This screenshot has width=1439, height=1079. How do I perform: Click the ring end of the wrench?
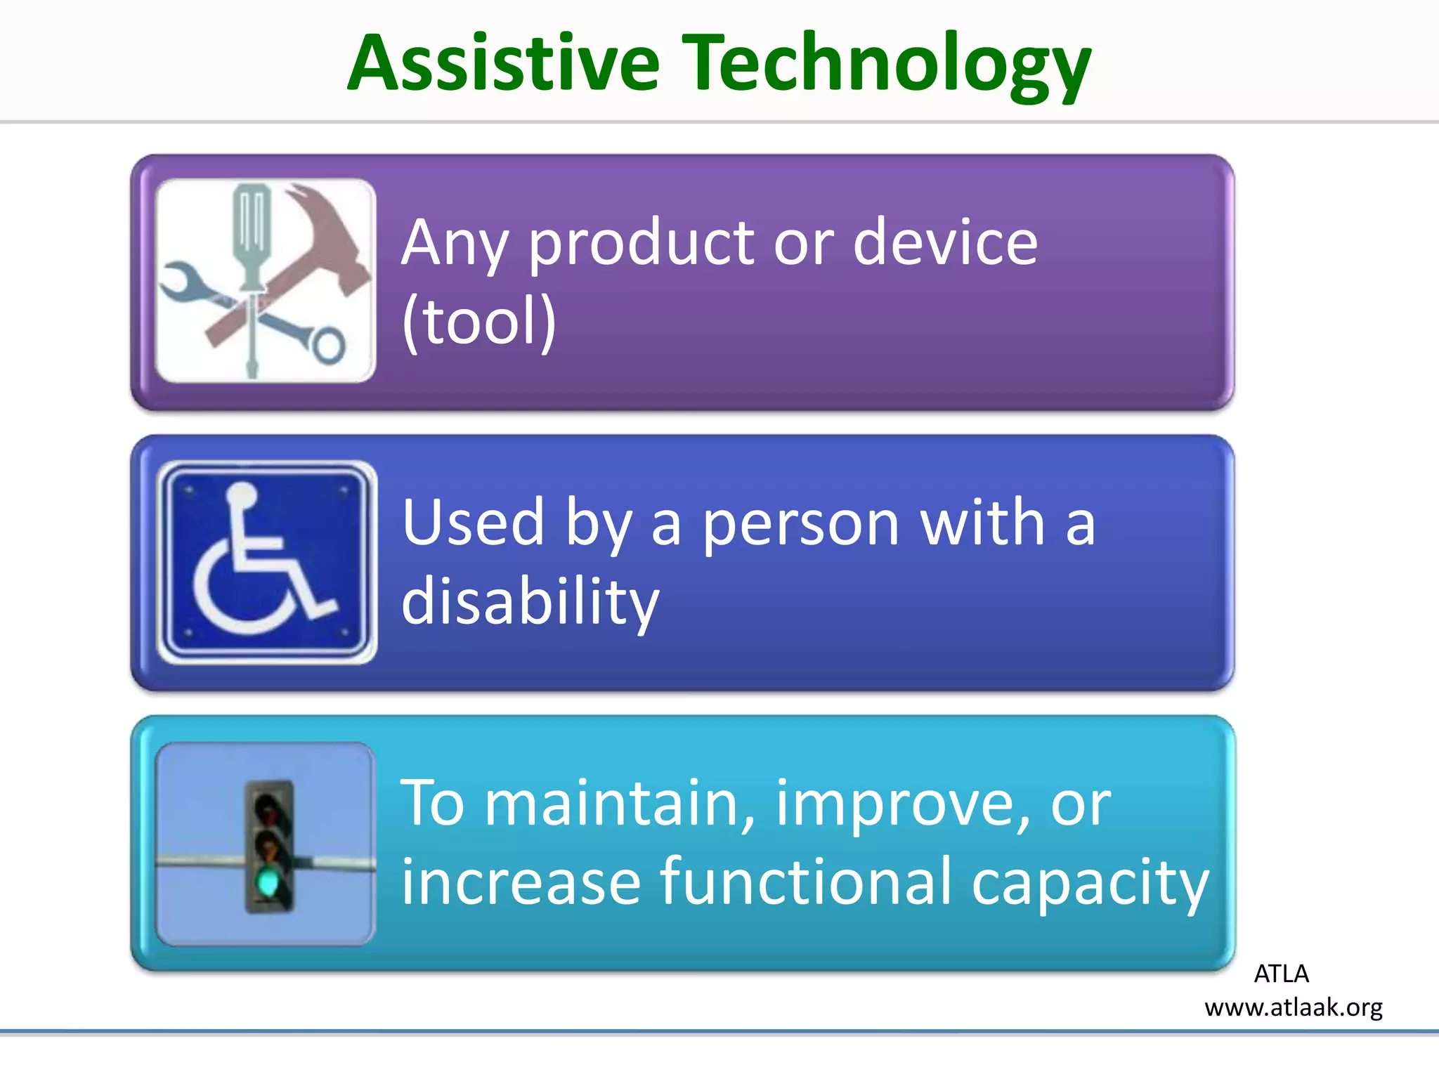tap(328, 345)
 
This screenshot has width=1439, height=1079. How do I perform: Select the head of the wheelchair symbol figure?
tap(242, 495)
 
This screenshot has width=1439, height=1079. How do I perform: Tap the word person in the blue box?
tap(801, 523)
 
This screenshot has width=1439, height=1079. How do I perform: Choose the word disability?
tap(530, 601)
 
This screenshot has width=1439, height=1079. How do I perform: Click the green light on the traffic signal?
tap(268, 882)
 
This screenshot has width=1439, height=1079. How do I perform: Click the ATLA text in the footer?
tap(1281, 974)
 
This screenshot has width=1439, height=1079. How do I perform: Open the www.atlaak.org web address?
tap(1293, 1007)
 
